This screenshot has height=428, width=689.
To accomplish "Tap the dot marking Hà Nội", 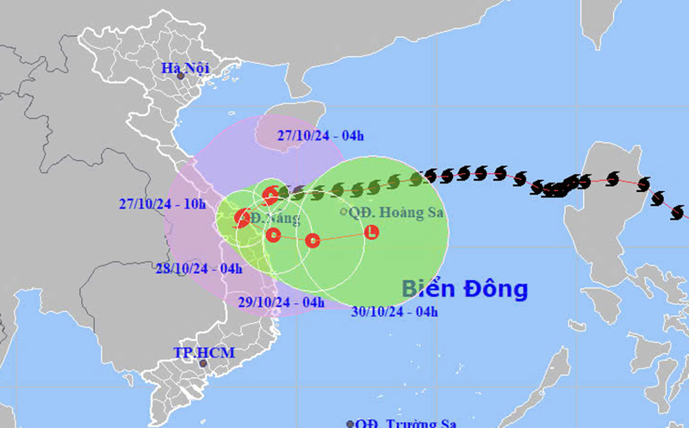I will (x=180, y=76).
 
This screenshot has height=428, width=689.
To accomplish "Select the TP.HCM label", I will (x=203, y=352).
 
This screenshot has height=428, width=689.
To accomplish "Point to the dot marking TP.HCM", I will (x=203, y=363).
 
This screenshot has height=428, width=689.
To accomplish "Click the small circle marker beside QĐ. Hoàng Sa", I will (x=344, y=211).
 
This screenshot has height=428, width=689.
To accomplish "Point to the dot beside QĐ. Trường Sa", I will (x=350, y=424).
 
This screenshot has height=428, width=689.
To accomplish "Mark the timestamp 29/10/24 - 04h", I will (x=277, y=301).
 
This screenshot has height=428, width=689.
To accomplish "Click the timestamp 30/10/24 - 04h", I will (x=392, y=312).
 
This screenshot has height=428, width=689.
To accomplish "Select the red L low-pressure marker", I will (x=371, y=231).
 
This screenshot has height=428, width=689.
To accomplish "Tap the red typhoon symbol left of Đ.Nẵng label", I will (x=243, y=219).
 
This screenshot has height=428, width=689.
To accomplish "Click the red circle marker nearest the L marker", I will (x=313, y=240).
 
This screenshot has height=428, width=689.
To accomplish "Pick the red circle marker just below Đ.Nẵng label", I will (x=274, y=235).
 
